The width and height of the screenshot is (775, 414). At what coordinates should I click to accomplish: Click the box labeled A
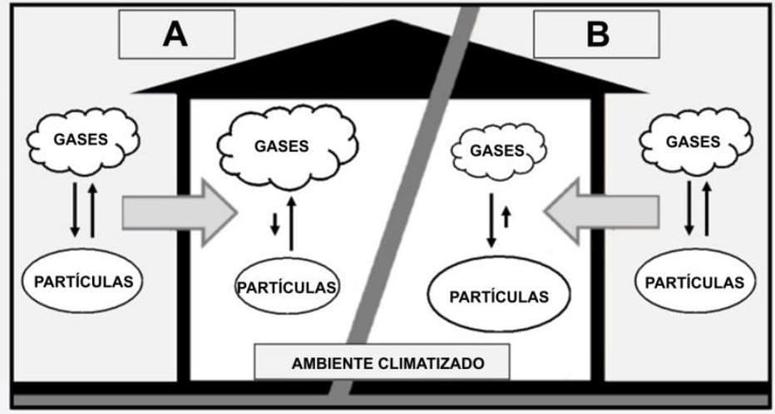coord(176,34)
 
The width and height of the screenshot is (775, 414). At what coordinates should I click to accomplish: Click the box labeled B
coord(596,34)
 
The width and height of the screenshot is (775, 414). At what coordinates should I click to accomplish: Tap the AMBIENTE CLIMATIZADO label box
coord(382,362)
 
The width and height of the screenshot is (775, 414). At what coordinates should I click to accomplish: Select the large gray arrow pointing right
coord(179,213)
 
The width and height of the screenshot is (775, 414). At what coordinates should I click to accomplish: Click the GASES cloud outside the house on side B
coord(693,141)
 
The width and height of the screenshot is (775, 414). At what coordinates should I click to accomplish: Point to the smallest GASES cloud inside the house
coord(497,151)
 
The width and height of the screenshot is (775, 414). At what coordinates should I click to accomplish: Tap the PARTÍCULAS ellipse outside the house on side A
coord(82,280)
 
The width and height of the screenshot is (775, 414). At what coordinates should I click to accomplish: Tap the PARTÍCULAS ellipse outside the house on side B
coord(694,282)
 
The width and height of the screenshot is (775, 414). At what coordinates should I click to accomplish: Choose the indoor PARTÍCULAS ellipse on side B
coord(498,296)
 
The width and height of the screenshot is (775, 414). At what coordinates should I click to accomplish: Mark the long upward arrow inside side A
coord(291,222)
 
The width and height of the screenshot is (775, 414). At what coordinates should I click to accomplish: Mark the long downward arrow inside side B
coord(491,220)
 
